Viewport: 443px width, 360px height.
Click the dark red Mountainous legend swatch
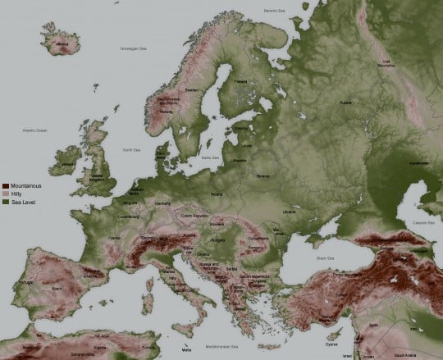coord(7,186)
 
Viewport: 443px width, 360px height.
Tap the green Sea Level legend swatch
coord(7,201)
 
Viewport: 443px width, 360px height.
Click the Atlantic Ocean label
coord(35,130)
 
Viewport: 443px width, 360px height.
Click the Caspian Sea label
coord(424,222)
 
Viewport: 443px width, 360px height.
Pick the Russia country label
coord(345,103)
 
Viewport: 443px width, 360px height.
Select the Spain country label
coord(56,289)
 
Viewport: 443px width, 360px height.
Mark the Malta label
coord(191,348)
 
